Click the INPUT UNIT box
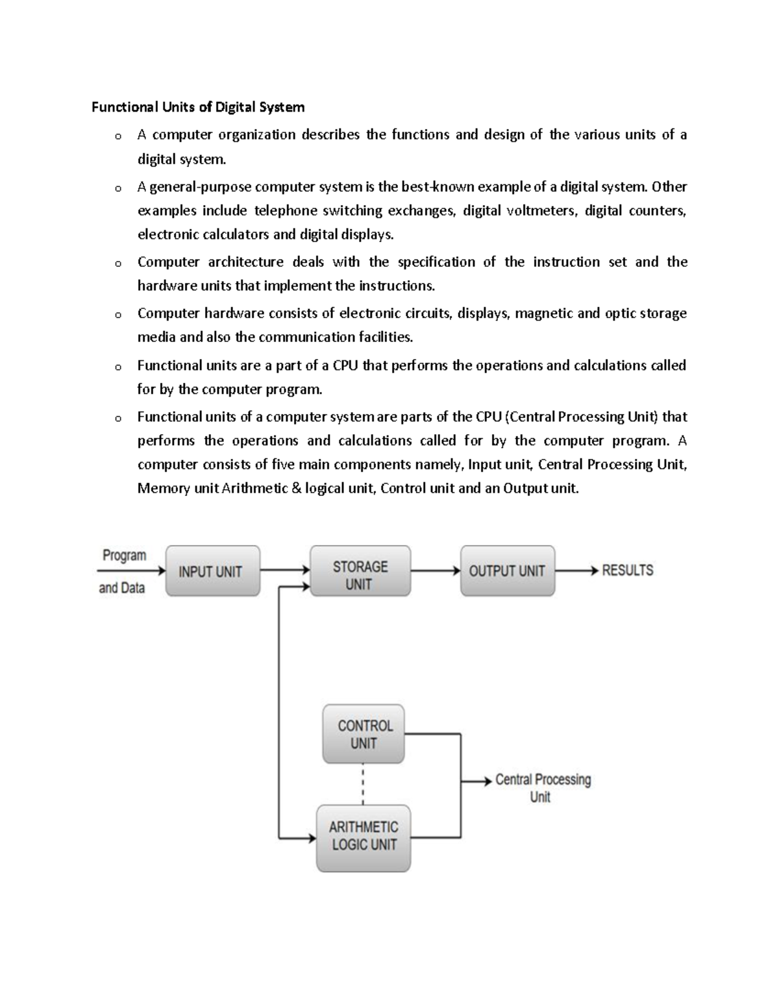click(x=213, y=571)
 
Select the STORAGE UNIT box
click(x=360, y=571)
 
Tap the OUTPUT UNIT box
click(x=507, y=571)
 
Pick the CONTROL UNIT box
click(x=364, y=734)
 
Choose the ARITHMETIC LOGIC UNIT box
click(x=364, y=838)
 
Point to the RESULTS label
click(x=627, y=571)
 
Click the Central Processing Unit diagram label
click(x=543, y=787)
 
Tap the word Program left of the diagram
click(x=124, y=556)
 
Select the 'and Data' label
click(x=121, y=588)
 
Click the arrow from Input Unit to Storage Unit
click(x=285, y=571)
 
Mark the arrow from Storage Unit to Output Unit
click(x=435, y=571)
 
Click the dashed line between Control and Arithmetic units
click(x=363, y=784)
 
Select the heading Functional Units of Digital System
click(x=198, y=107)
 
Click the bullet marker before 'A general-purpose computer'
click(x=117, y=189)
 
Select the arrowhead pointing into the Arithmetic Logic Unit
click(x=312, y=838)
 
